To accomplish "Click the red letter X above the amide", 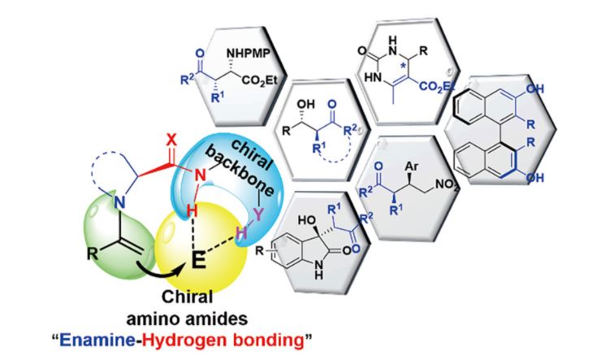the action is click(x=171, y=141).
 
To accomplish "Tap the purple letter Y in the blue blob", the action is click(x=259, y=215).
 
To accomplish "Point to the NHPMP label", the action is click(x=249, y=53).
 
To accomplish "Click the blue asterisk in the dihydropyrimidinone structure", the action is click(x=402, y=65).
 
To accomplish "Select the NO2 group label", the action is click(x=447, y=185).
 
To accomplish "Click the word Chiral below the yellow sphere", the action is click(x=187, y=297).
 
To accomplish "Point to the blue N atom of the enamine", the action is click(x=120, y=202).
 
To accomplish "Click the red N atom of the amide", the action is click(x=200, y=176).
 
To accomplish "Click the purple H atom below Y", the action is click(x=241, y=233).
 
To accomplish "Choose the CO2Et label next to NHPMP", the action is click(x=259, y=81).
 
